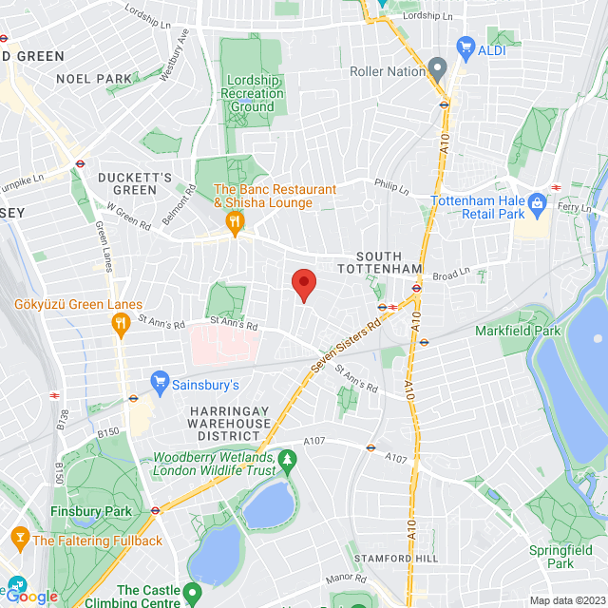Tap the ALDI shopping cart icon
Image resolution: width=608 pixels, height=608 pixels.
tap(465, 46)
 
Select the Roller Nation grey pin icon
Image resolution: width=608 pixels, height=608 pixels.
tap(436, 68)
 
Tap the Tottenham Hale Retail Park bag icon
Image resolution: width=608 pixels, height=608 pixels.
tap(537, 201)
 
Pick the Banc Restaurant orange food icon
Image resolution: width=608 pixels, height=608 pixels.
tap(234, 221)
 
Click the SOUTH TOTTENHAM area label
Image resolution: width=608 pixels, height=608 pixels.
tap(389, 263)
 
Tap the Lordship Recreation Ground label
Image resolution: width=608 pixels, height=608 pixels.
tap(253, 93)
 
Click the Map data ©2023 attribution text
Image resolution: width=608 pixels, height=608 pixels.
tap(565, 600)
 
